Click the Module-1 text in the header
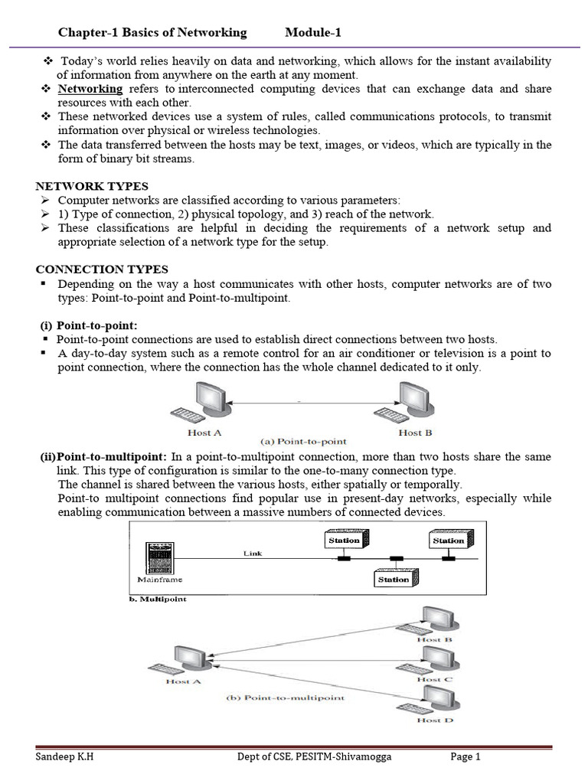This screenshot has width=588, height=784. [313, 32]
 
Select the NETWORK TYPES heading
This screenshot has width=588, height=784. [93, 186]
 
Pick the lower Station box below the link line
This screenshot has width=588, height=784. [394, 579]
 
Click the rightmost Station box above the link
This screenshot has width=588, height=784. [448, 540]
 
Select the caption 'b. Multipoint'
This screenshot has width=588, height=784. [155, 599]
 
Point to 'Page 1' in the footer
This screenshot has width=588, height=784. [465, 758]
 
